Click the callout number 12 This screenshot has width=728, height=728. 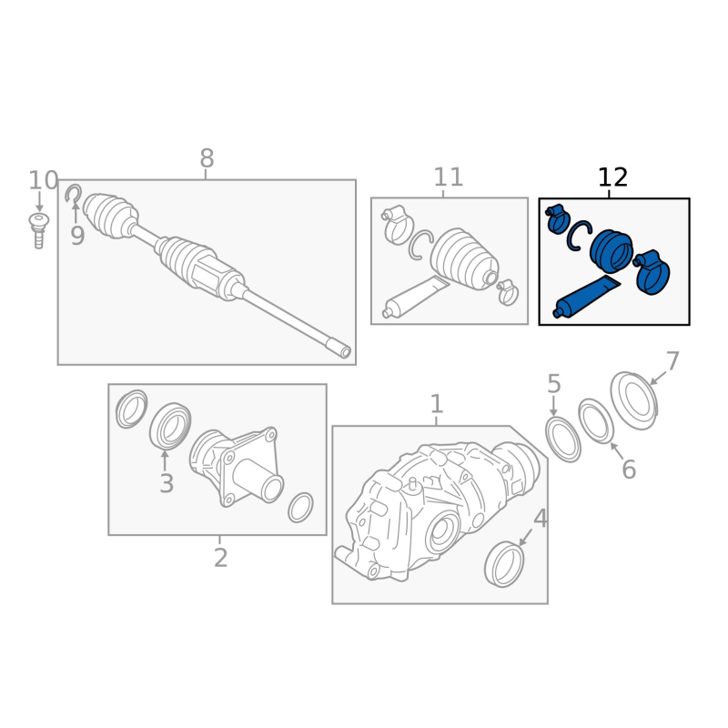tap(612, 177)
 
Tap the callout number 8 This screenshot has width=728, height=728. tap(207, 158)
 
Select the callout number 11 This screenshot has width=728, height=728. tap(448, 177)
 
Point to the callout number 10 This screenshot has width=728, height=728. tap(43, 180)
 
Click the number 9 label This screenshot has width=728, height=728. tap(77, 236)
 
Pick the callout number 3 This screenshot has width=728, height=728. tap(167, 483)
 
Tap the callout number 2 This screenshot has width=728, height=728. tap(220, 558)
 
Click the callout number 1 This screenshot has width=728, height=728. tap(437, 404)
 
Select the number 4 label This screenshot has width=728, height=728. tap(541, 519)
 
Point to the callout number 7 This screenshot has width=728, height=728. tap(672, 361)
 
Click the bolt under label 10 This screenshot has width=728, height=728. tap(39, 230)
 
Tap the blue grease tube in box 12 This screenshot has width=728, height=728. tap(587, 297)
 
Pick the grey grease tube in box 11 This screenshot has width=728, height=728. tap(416, 298)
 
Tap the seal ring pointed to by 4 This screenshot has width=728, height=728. tap(504, 564)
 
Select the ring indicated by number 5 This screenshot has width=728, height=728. tap(562, 440)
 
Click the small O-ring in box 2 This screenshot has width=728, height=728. tap(300, 508)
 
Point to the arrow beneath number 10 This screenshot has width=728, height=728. tap(39, 202)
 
